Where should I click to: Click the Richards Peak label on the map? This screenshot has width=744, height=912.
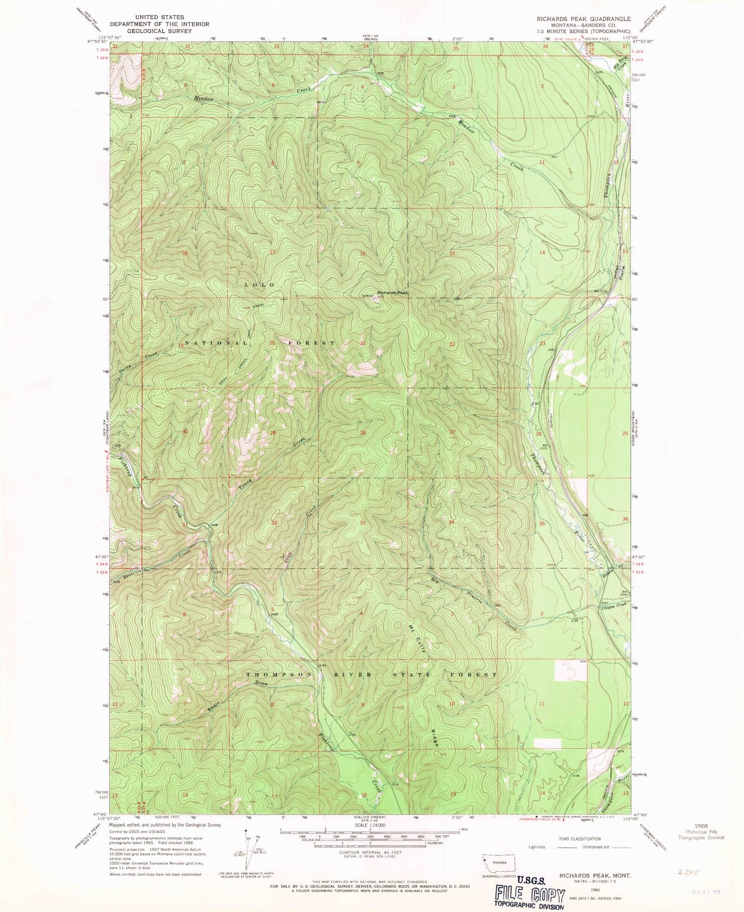[x=393, y=292]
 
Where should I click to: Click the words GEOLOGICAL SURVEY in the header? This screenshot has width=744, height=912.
[x=160, y=31]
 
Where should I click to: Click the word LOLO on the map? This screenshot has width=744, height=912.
[x=259, y=285]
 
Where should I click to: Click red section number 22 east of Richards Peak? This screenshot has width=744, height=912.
[x=452, y=344]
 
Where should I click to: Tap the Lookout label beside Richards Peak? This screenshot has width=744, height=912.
[x=367, y=295]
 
